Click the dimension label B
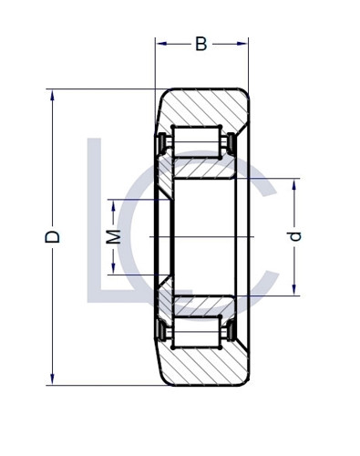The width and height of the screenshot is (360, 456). click(201, 44)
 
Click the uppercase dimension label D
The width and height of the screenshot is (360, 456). click(53, 236)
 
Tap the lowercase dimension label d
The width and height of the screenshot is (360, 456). click(294, 236)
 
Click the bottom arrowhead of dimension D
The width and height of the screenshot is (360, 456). click(53, 380)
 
